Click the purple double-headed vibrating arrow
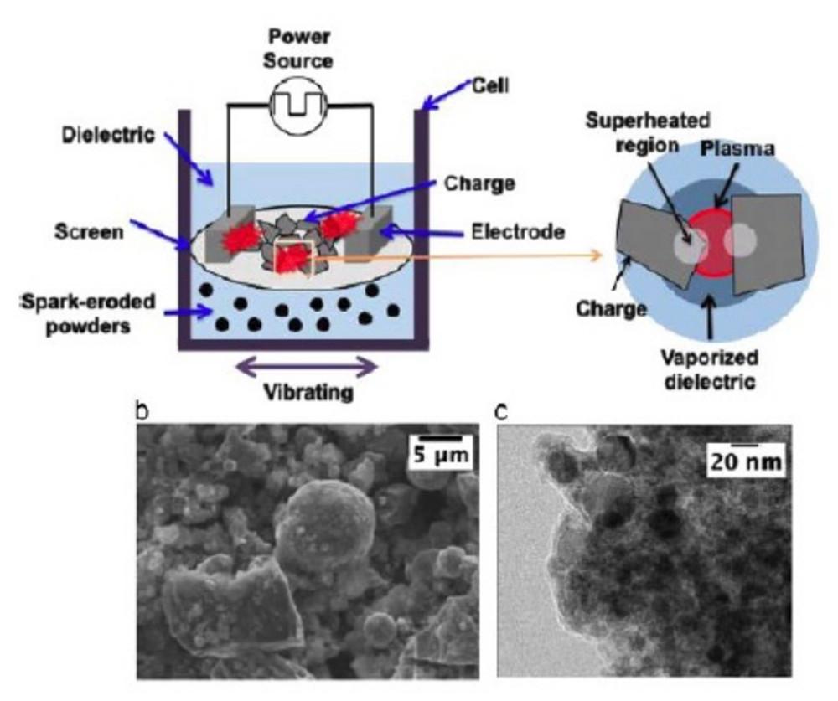click(x=306, y=365)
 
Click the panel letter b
click(x=142, y=412)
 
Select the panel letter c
click(x=502, y=412)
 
